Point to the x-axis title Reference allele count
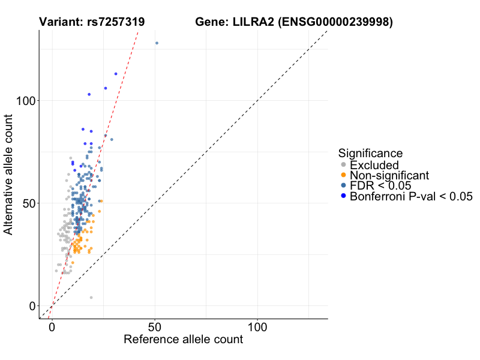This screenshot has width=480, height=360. click(183, 340)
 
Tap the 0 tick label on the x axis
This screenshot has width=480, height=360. click(52, 328)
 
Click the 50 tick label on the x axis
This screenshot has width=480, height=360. click(155, 328)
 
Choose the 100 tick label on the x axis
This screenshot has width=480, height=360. click(257, 328)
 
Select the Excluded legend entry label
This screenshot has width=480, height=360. click(374, 165)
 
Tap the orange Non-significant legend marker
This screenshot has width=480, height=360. click(343, 175)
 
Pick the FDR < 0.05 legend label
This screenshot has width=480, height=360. click(380, 185)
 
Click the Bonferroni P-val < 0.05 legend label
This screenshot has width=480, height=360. click(412, 196)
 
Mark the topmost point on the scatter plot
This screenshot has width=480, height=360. click(157, 43)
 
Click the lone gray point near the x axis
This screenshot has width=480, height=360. click(91, 298)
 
